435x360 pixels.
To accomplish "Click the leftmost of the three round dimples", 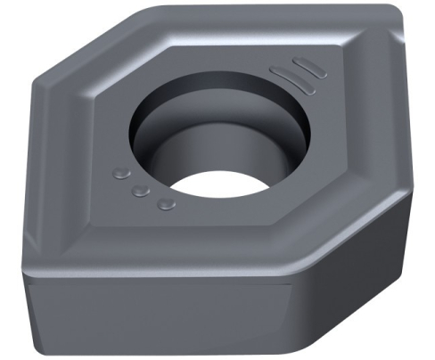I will click(x=121, y=173).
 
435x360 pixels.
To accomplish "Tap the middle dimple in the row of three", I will click(x=140, y=191).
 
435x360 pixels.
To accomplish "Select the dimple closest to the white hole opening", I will click(x=164, y=206).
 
